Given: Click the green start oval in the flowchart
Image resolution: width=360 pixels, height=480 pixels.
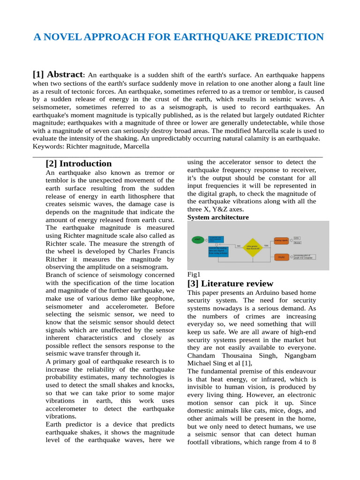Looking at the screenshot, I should [198, 239].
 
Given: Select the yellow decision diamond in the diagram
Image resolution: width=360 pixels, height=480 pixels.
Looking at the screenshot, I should [252, 247].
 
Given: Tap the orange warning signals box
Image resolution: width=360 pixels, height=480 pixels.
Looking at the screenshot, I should [281, 240].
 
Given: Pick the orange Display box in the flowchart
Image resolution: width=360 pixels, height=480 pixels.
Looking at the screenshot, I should [281, 257].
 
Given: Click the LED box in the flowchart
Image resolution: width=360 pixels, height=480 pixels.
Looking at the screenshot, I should [297, 238].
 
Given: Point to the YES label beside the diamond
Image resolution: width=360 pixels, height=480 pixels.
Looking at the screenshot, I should [266, 245].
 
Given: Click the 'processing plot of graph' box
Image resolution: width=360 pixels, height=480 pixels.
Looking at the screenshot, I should [304, 257].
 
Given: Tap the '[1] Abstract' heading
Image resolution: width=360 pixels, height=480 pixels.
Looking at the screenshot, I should [57, 75].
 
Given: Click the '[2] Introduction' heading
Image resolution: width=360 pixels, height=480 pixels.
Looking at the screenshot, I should [78, 164].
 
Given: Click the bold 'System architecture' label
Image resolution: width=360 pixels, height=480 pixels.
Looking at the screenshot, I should [218, 217].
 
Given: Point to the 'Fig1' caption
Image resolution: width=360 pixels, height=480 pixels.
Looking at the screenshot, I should [194, 274].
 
